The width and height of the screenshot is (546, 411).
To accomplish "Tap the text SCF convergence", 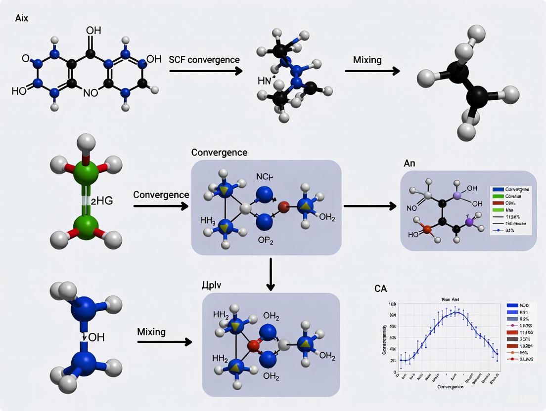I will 204,60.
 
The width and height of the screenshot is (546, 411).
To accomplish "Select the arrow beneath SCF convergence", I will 206,71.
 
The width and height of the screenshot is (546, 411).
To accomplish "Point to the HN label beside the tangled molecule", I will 265,81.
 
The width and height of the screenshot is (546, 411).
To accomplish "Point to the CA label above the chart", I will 380,288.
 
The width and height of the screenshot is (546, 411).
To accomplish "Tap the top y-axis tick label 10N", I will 393,304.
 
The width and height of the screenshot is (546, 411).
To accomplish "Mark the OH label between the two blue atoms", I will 97,338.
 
